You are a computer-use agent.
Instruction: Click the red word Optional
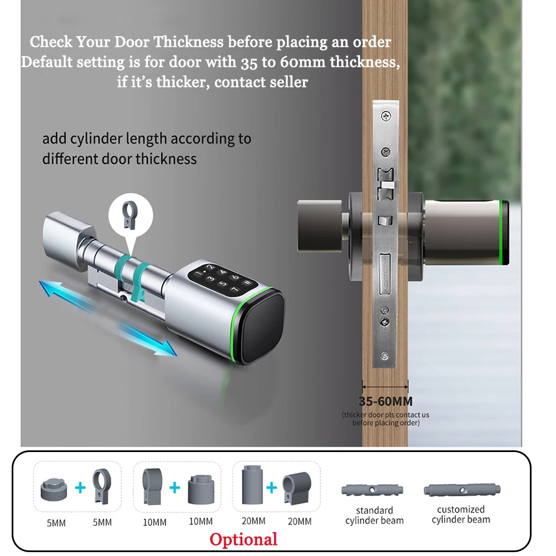tap(244, 540)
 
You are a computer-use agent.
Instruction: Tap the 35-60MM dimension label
tap(385, 401)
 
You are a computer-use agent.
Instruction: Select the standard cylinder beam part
tap(373, 490)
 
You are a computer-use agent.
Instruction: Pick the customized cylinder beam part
tap(462, 490)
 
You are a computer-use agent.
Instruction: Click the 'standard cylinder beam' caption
tap(374, 515)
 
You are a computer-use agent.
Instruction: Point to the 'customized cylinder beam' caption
tap(460, 514)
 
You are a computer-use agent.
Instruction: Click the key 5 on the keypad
tap(224, 284)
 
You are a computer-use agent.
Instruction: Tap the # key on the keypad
tap(247, 282)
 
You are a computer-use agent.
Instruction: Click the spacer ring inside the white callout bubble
tap(129, 214)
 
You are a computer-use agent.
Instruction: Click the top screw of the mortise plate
tap(386, 116)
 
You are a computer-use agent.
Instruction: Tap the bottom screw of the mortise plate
tap(384, 356)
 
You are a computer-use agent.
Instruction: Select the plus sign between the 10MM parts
tap(175, 488)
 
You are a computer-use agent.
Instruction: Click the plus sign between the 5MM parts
tap(81, 488)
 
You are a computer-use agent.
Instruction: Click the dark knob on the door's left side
tap(319, 226)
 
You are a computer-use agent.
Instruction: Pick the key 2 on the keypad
tap(210, 267)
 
